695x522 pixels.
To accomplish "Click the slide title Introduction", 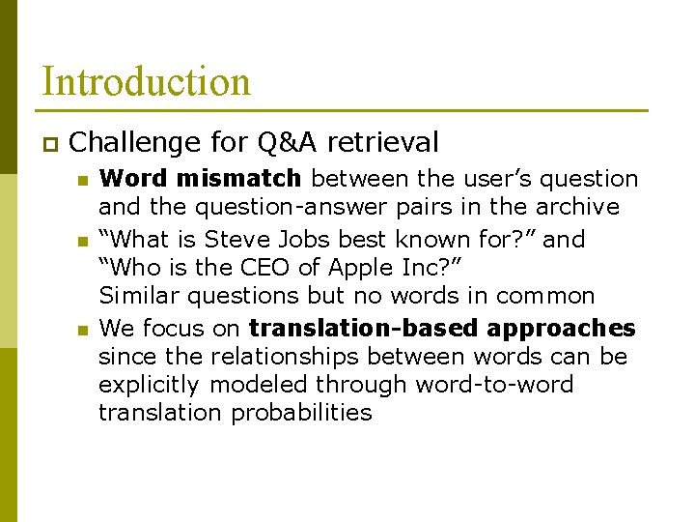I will click(146, 81).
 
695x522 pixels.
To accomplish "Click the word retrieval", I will click(382, 143).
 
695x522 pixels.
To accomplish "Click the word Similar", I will click(138, 296).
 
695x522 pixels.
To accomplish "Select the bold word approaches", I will click(560, 328).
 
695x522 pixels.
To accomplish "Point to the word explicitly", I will click(151, 385).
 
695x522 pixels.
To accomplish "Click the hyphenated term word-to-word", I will click(494, 385).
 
